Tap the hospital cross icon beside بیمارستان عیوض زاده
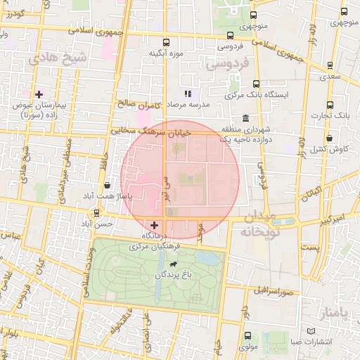point(39,94)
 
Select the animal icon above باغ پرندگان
point(171,263)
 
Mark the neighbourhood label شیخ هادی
point(58,60)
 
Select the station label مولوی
point(249,346)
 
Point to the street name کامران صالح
point(139,105)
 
